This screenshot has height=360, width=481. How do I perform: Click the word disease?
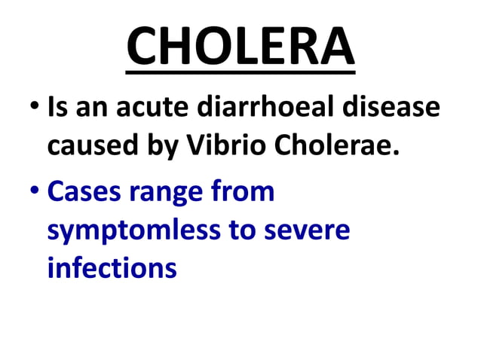tap(393, 108)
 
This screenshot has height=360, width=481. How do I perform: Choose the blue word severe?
tap(309, 230)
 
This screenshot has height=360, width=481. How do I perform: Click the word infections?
tap(112, 267)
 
